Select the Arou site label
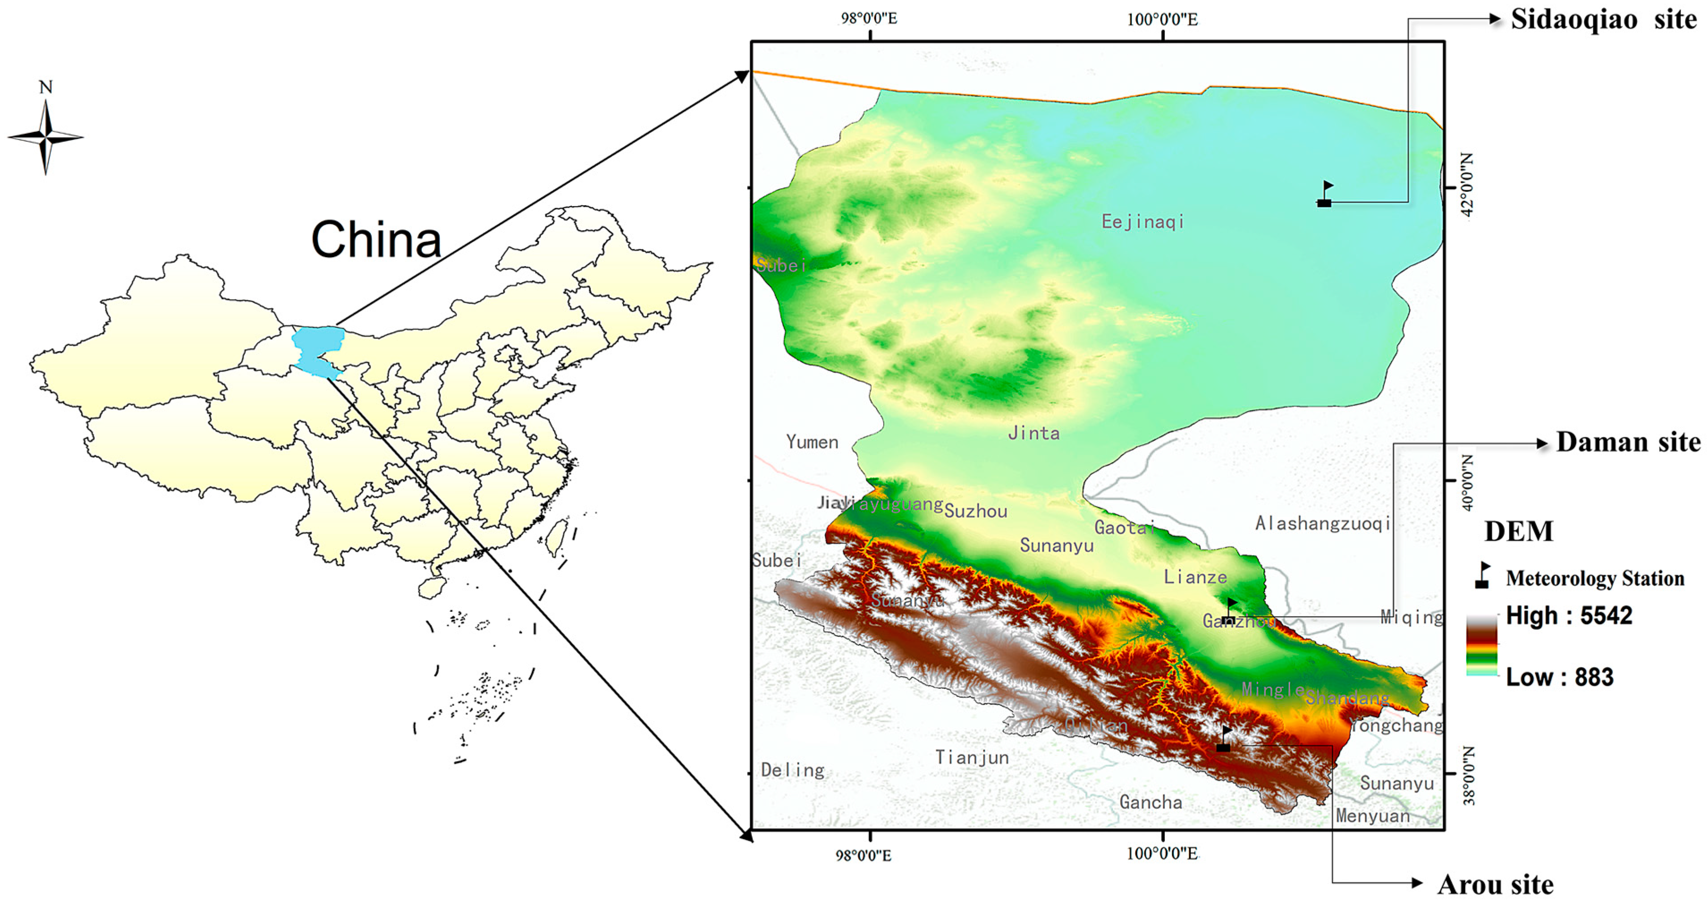pos(1495,884)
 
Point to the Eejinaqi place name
pos(1142,221)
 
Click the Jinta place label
pos(1034,433)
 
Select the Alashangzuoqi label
pos(1323,524)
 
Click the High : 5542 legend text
pos(1568,616)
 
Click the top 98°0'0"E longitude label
pos(869,18)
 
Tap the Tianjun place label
pos(972,758)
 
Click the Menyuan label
pos(1372,816)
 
